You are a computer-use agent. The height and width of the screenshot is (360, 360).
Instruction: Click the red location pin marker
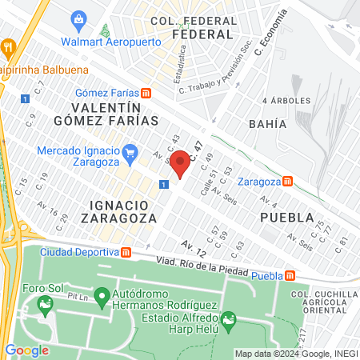pos(181,162)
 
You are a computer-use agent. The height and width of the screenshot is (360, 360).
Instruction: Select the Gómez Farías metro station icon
pos(146,93)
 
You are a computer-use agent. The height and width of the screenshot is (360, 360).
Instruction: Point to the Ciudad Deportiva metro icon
pos(126,253)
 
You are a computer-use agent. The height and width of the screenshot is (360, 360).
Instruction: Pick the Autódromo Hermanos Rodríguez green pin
pos(102,298)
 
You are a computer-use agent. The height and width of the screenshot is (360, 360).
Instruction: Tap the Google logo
pos(26,350)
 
